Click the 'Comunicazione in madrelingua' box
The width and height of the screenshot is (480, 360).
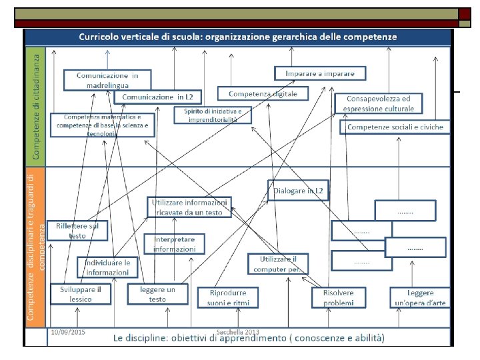click(x=107, y=79)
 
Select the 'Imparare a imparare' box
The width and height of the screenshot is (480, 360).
click(x=319, y=73)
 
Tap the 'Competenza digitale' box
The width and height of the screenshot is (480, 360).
click(x=263, y=94)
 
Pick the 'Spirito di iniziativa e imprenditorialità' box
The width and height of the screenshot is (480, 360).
click(x=213, y=115)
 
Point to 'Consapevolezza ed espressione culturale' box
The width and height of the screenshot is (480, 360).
click(x=378, y=103)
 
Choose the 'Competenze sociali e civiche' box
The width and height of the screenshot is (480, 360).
click(x=395, y=127)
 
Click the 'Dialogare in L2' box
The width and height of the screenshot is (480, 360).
click(x=299, y=191)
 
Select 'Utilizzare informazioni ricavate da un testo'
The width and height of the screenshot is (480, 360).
click(x=190, y=207)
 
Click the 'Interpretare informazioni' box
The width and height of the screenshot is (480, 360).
click(x=175, y=244)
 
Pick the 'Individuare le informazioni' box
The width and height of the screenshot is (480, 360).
click(x=107, y=267)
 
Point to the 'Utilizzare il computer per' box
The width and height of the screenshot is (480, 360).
click(x=278, y=264)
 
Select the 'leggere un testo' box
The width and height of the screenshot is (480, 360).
click(x=157, y=294)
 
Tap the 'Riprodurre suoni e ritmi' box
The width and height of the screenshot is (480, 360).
click(x=227, y=297)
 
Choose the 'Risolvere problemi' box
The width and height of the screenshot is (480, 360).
click(x=339, y=297)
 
